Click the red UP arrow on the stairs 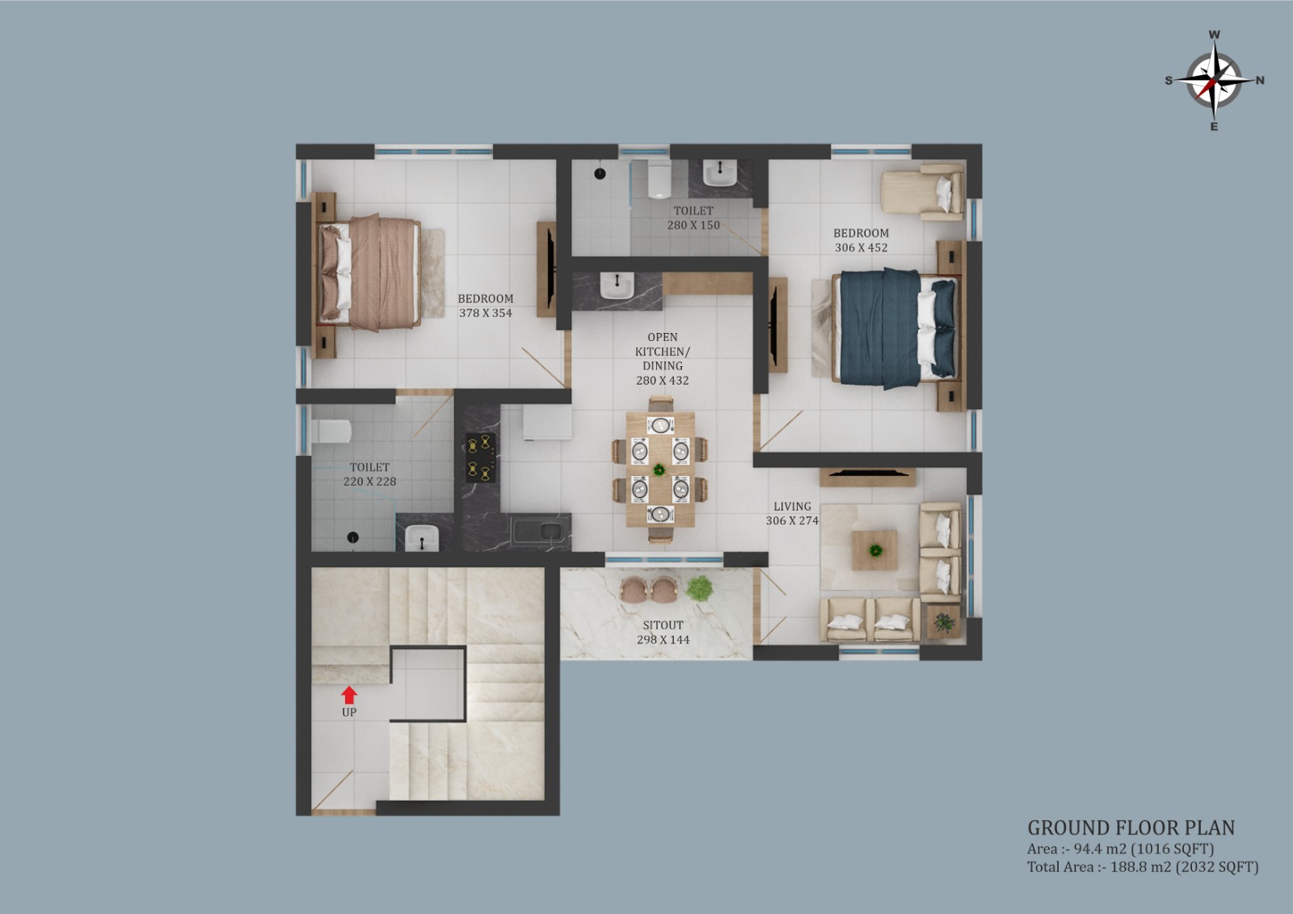(x=349, y=695)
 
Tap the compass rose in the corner (x=1215, y=81)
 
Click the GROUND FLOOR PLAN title (x=1131, y=828)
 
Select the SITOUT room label (x=663, y=625)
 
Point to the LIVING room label (x=792, y=506)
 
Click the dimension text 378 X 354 (x=486, y=313)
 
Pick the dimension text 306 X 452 (x=861, y=247)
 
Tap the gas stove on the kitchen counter (x=480, y=458)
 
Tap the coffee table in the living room (x=874, y=550)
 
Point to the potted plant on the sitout (x=700, y=588)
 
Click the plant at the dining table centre (x=659, y=470)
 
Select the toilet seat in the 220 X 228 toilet (x=332, y=431)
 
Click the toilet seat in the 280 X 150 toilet (x=658, y=179)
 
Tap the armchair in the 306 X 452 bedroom (x=922, y=192)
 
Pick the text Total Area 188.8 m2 (x=1100, y=867)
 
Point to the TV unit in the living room (x=867, y=477)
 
